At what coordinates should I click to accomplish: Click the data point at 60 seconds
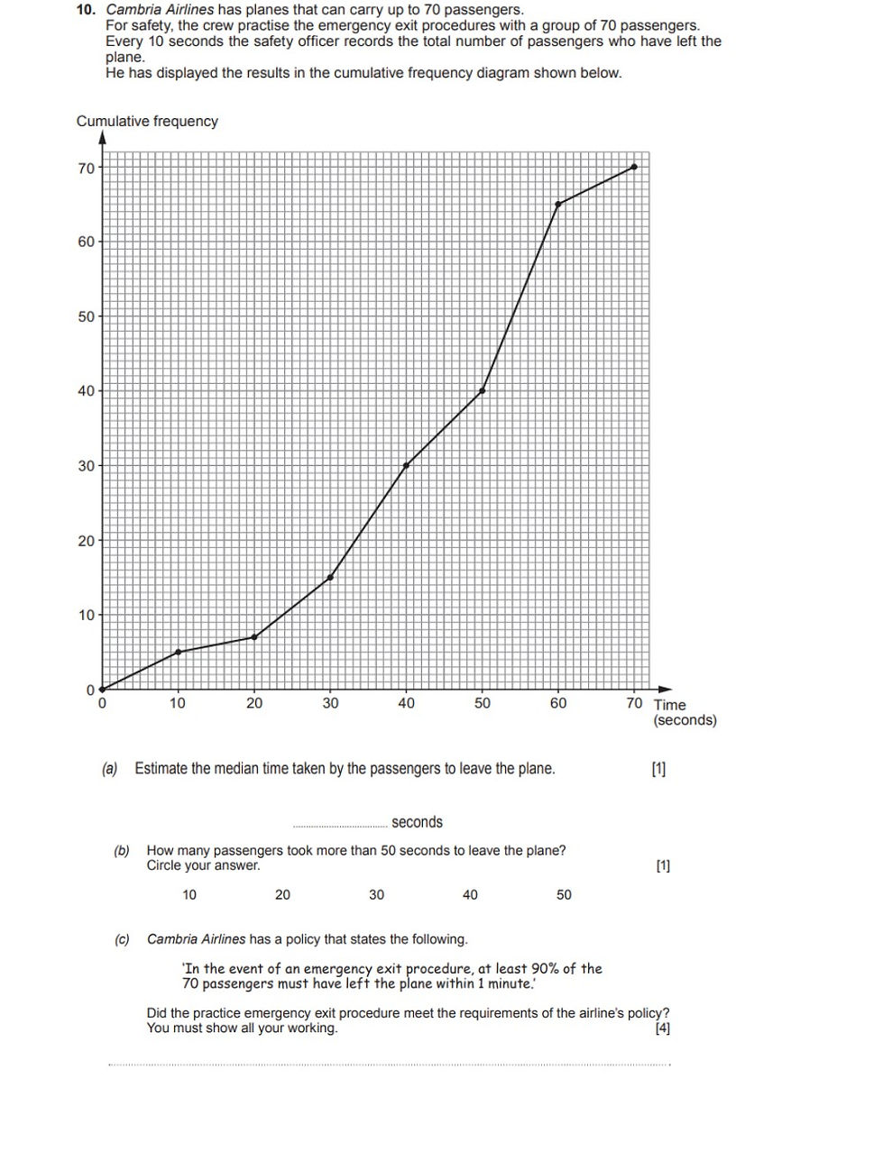tap(558, 205)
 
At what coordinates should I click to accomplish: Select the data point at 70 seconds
tap(634, 167)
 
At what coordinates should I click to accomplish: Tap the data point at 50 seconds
tap(483, 391)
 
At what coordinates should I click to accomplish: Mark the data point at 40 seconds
tap(406, 466)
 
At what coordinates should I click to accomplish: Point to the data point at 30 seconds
tap(330, 578)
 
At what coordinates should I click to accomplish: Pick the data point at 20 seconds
tap(254, 637)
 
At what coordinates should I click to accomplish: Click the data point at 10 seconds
tap(178, 652)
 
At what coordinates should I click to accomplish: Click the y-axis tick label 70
tap(86, 168)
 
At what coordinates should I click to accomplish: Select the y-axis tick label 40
tap(86, 391)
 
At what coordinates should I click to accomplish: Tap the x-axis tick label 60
tap(558, 703)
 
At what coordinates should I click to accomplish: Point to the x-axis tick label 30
tap(330, 703)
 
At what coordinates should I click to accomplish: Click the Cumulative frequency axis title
tap(147, 121)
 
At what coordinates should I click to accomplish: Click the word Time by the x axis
tap(669, 705)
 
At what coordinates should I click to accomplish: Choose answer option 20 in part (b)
tap(282, 895)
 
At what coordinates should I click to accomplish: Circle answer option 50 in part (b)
tap(564, 895)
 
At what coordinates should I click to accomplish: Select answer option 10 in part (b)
tap(189, 895)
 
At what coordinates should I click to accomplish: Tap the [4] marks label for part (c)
tap(663, 1028)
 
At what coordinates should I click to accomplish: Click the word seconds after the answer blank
tap(417, 822)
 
